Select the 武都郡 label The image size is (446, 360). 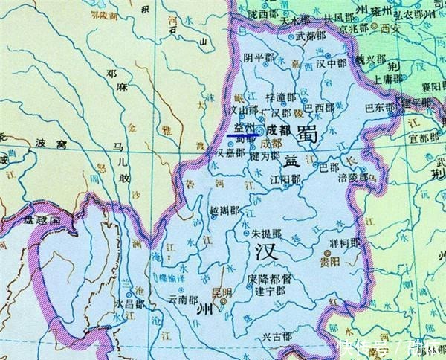click(311, 35)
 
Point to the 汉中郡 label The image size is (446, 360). click(332, 64)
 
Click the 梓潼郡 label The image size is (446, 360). click(280, 97)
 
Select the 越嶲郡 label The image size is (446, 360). click(224, 210)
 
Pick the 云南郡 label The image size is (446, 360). click(184, 299)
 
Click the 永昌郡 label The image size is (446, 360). click(128, 303)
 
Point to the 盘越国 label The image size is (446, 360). click(41, 221)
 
